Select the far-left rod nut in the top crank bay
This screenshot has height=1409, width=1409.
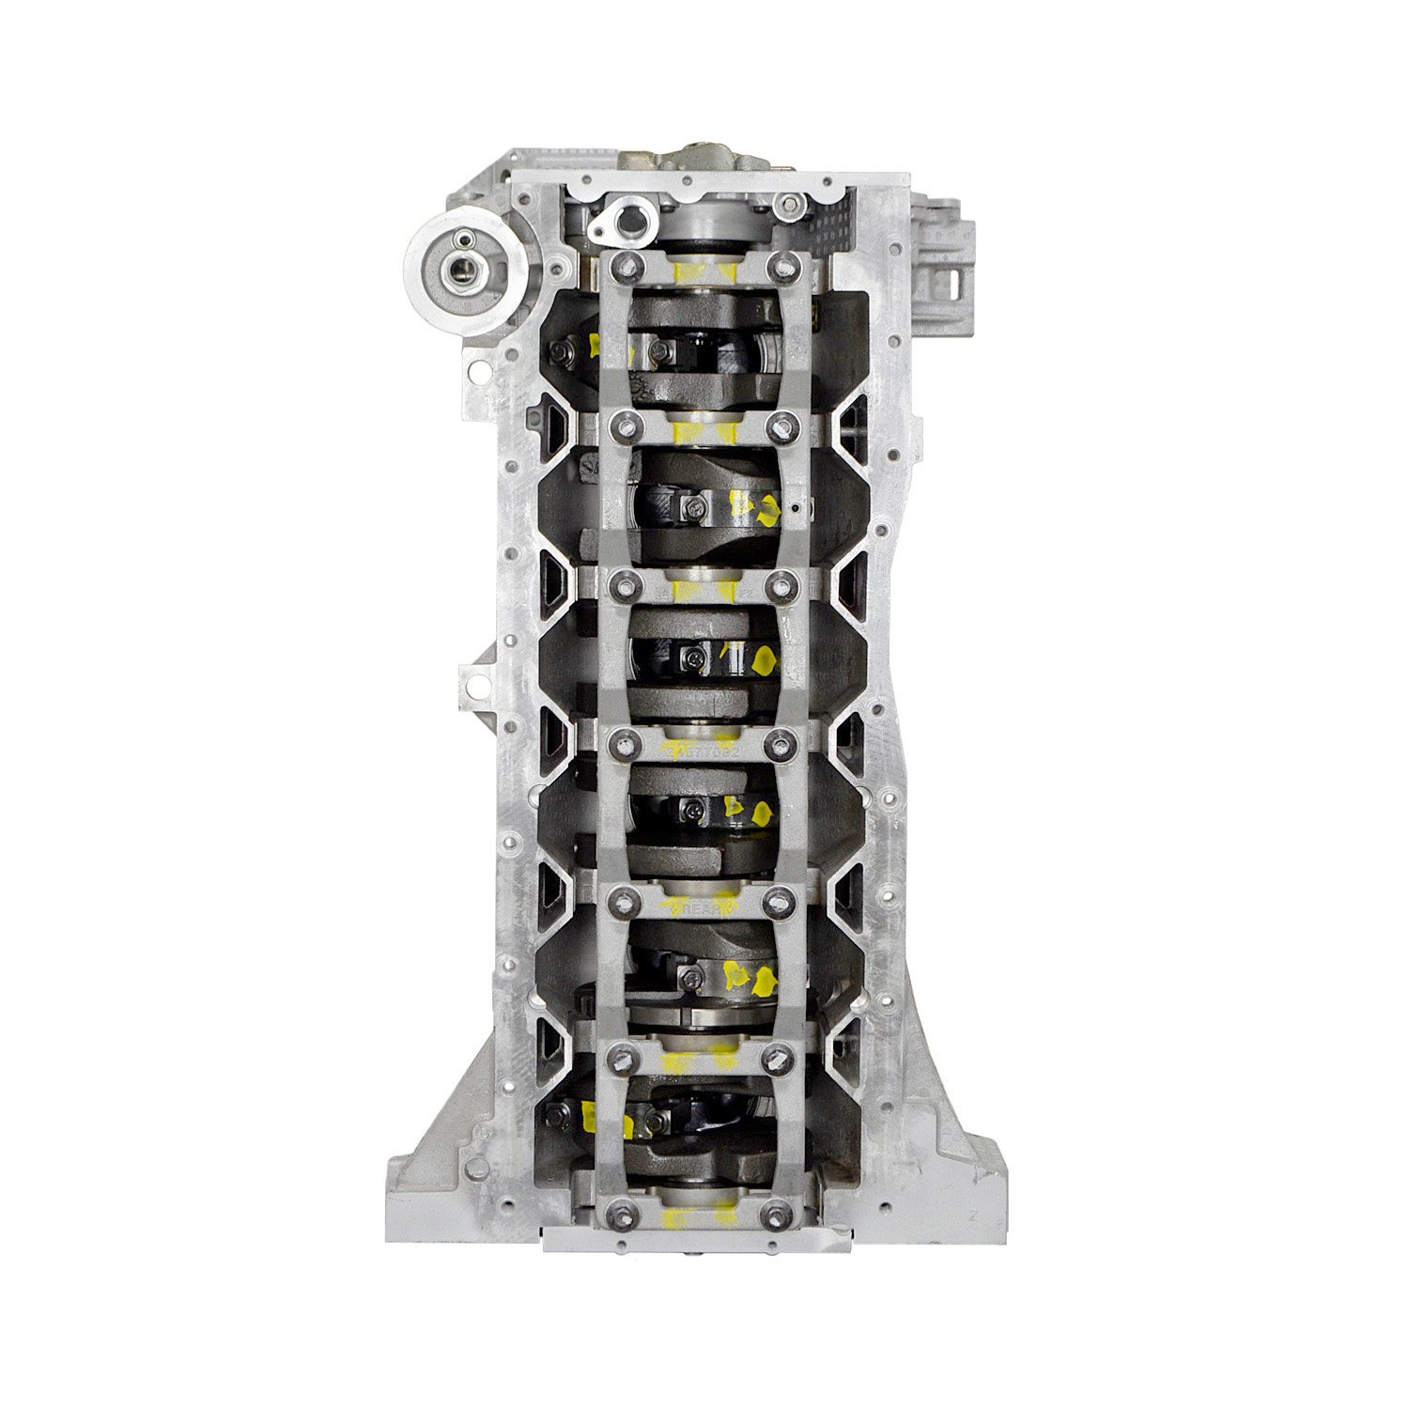(557, 353)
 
